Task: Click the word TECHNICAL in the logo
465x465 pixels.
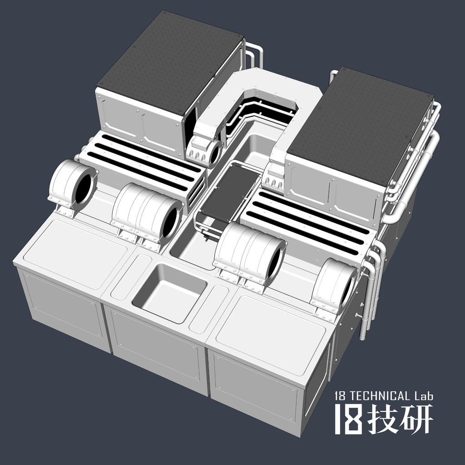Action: point(378,396)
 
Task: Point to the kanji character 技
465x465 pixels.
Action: point(384,419)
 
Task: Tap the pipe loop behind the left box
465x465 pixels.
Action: point(254,54)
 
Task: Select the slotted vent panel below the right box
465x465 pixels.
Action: point(309,218)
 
